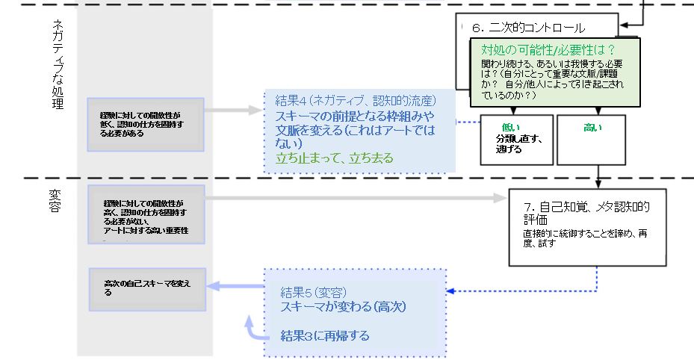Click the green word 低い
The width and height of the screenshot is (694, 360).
(512, 127)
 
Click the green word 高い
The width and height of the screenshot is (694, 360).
(592, 128)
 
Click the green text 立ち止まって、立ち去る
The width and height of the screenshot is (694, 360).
(334, 158)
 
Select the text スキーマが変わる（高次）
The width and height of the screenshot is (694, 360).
(343, 306)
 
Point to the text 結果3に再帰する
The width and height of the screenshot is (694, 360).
(324, 335)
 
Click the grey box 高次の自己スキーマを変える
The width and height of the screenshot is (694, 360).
(147, 288)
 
